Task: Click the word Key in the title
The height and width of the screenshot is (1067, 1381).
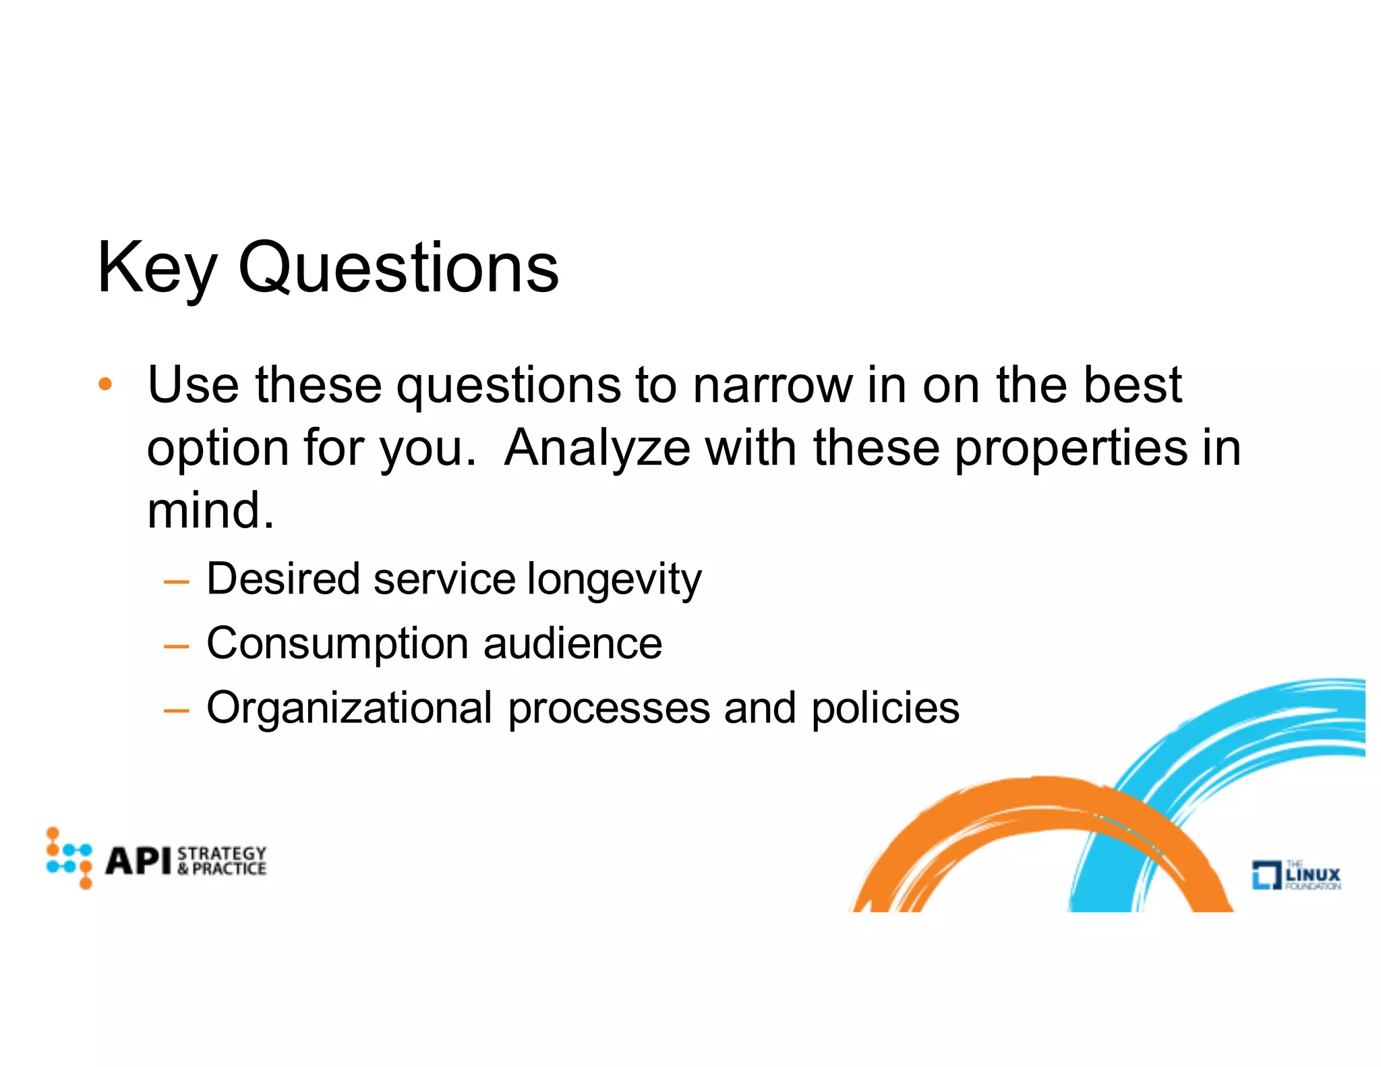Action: [x=156, y=268]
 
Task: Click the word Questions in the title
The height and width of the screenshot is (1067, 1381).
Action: [x=399, y=268]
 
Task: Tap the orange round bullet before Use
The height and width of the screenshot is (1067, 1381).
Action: [x=105, y=384]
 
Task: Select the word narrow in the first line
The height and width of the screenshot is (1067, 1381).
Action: [x=773, y=385]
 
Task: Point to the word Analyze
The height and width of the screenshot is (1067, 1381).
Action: [x=597, y=448]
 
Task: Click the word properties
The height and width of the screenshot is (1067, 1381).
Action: [x=1070, y=448]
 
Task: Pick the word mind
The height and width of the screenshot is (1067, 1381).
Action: [x=210, y=510]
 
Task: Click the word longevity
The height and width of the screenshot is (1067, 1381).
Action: [x=614, y=579]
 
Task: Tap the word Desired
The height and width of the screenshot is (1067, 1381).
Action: [x=283, y=579]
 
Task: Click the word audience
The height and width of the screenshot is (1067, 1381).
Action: [x=572, y=643]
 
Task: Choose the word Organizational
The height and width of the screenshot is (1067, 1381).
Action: [x=349, y=708]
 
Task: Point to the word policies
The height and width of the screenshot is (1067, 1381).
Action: [x=885, y=708]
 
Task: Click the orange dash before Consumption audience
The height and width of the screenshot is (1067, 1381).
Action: [x=176, y=646]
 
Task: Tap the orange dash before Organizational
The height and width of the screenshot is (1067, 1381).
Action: [x=176, y=710]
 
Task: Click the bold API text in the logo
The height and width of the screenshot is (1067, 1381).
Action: [x=138, y=861]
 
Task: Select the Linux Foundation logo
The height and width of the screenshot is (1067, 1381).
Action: [x=1295, y=875]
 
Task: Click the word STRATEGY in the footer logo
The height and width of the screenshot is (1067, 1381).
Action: [x=222, y=853]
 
